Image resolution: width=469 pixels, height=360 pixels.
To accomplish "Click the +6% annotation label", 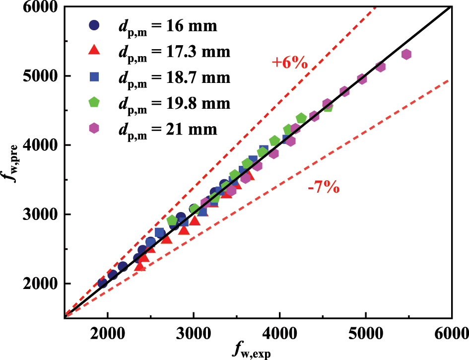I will pos(290,63).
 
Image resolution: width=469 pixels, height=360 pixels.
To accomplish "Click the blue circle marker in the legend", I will pos(95,25).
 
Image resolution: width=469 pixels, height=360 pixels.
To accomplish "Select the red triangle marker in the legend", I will pos(95,51).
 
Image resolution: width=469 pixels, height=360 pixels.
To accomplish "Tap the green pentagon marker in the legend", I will pos(95,103).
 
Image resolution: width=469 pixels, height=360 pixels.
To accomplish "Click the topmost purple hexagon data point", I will pos(406,55).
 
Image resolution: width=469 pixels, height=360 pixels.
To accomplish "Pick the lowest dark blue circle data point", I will pos(103,283).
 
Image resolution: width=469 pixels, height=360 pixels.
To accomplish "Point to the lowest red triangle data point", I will pos(140,267).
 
